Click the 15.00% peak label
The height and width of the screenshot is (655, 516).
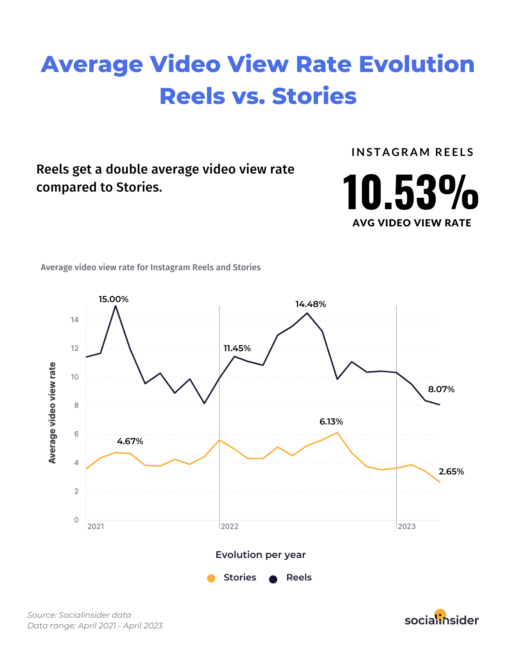(113, 299)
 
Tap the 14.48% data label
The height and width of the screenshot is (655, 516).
(310, 304)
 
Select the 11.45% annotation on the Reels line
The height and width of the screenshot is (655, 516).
(237, 348)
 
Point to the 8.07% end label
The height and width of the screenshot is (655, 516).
(441, 389)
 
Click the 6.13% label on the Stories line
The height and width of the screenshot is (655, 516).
(331, 422)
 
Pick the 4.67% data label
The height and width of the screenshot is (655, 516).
(130, 441)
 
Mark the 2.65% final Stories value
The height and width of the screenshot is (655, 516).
(451, 472)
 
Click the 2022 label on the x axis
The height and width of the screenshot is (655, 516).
(230, 526)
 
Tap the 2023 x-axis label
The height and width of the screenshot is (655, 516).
(407, 526)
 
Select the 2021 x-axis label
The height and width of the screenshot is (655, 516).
(96, 526)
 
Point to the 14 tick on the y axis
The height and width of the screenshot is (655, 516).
(75, 320)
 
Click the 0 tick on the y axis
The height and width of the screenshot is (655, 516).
(76, 520)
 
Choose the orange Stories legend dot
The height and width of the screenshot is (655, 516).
(211, 578)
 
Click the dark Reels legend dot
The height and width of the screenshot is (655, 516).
(273, 579)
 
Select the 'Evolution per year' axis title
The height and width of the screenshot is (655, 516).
(260, 555)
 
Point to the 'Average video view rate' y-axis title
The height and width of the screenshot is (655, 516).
(52, 413)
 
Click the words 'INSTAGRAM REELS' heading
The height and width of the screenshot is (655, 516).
(412, 152)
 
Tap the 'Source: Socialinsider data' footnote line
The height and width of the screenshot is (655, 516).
(79, 615)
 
